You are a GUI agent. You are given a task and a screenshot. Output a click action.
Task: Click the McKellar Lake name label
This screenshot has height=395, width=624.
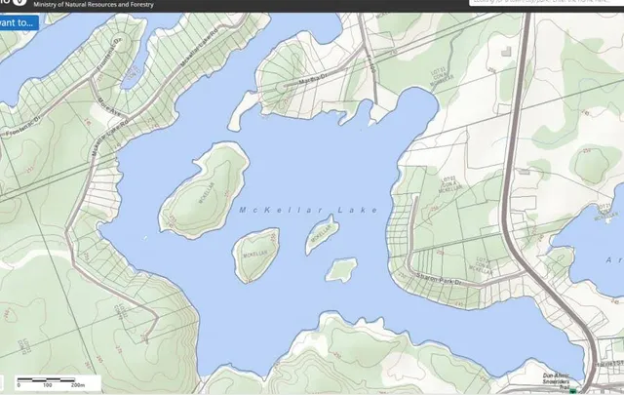[x=307, y=210]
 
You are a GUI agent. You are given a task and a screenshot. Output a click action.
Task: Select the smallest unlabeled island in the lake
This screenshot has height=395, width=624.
[x=340, y=268]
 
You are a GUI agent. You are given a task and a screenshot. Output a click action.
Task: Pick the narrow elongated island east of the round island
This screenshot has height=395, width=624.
[x=321, y=234]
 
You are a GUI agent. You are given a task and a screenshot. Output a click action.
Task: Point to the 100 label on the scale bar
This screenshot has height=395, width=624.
[x=47, y=386]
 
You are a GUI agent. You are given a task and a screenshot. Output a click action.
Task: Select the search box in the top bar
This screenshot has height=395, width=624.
[x=546, y=3]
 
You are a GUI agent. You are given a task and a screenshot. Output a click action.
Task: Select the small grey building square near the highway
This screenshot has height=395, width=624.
[x=504, y=48]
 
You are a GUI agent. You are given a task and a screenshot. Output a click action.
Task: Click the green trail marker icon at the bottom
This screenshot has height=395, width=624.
[x=574, y=388]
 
